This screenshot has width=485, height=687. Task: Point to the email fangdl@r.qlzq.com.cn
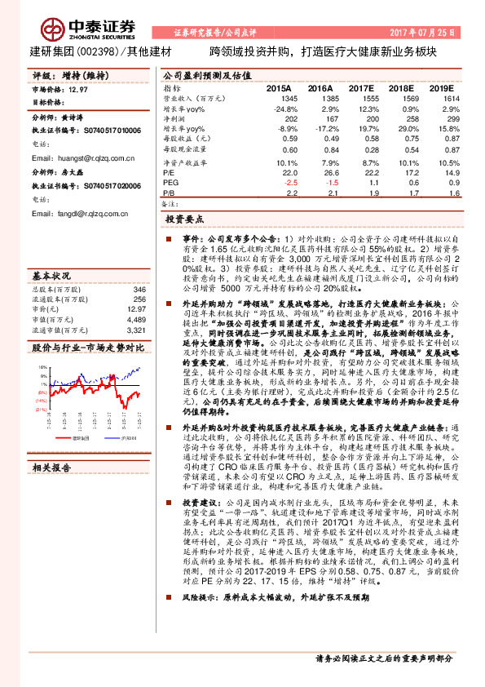click(80, 213)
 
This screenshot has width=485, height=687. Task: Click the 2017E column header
click(360, 87)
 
